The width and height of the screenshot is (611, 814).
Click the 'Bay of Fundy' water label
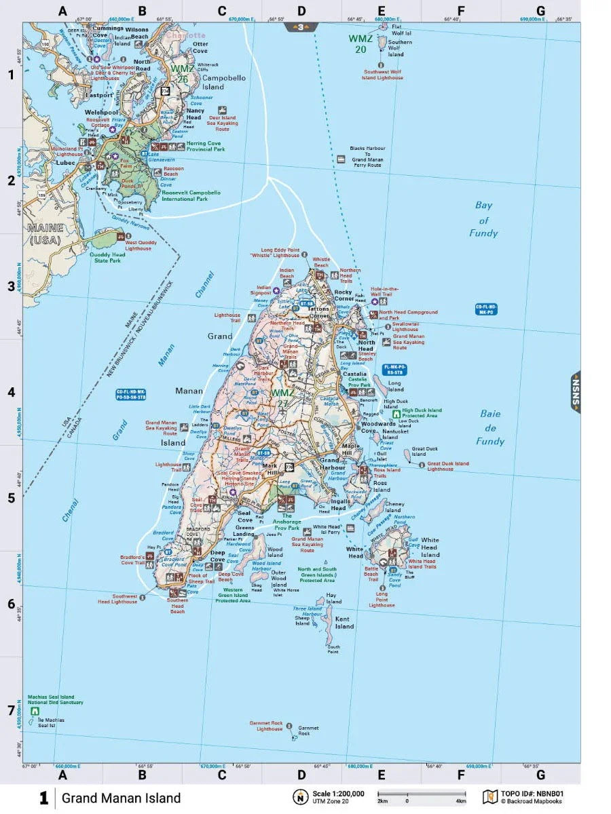pyautogui.click(x=483, y=219)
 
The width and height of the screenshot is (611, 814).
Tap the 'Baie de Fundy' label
pyautogui.click(x=490, y=427)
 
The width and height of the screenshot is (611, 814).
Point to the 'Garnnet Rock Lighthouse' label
pyautogui.click(x=265, y=726)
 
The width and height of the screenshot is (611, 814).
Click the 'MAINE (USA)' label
pyautogui.click(x=45, y=233)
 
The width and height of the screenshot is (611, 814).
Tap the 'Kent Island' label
pyautogui.click(x=344, y=623)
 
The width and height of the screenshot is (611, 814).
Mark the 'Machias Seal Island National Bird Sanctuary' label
pyautogui.click(x=55, y=699)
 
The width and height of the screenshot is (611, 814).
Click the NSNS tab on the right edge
pyautogui.click(x=576, y=392)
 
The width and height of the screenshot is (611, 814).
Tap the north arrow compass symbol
pyautogui.click(x=299, y=796)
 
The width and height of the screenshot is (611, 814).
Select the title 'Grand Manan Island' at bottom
pyautogui.click(x=121, y=798)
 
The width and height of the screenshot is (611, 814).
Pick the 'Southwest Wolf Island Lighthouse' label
pyautogui.click(x=382, y=75)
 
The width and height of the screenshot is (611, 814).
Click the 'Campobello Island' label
pyautogui.click(x=223, y=83)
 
